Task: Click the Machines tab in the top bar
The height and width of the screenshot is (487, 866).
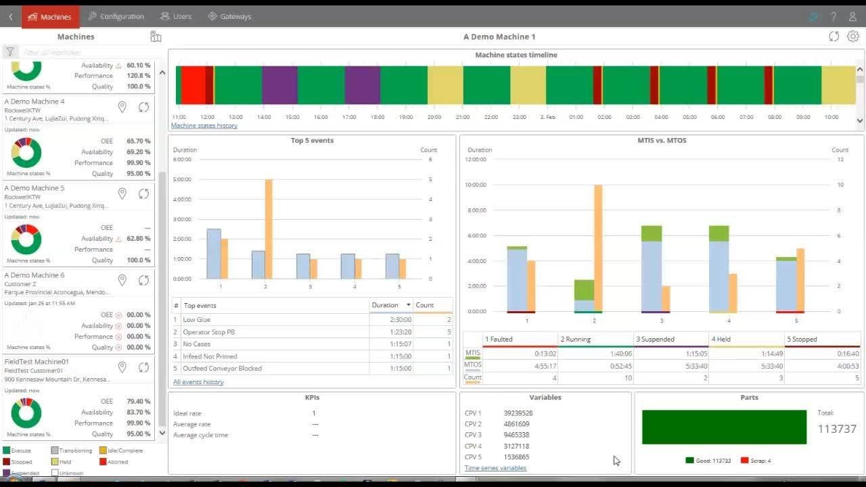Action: click(50, 17)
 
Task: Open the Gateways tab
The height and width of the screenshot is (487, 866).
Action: click(229, 17)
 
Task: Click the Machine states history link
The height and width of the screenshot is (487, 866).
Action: click(204, 126)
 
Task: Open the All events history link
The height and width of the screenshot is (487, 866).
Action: click(198, 382)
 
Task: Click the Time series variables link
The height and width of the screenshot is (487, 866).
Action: click(495, 468)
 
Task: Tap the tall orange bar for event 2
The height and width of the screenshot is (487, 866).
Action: click(269, 229)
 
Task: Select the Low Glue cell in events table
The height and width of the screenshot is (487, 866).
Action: click(197, 320)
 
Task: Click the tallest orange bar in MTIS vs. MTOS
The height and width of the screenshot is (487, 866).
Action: click(598, 248)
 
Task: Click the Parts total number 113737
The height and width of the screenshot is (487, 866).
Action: click(837, 429)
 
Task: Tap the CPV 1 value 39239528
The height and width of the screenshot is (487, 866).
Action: click(518, 413)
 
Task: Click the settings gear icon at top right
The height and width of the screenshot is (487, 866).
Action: click(853, 37)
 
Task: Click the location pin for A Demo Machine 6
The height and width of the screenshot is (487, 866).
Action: click(122, 280)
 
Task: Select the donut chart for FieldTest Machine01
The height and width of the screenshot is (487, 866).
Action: click(26, 413)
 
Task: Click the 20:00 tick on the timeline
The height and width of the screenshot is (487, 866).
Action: click(434, 117)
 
